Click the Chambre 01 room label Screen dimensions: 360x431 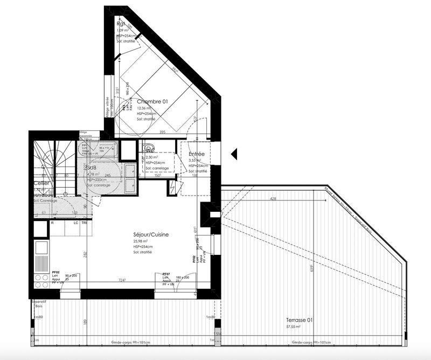pos(153,101)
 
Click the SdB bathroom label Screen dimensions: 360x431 pos(91,168)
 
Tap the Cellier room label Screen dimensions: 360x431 pos(41,183)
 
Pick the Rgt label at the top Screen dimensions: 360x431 pos(121,24)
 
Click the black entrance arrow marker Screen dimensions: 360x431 pos(234,155)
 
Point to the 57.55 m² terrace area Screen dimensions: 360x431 pos(294,327)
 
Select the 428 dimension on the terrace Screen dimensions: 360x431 pos(273,199)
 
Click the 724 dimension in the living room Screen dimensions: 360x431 pos(122,280)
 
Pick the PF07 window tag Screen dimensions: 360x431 pos(167,274)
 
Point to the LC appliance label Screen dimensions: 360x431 pos(76,222)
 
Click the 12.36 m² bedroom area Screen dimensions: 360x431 pos(144,108)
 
